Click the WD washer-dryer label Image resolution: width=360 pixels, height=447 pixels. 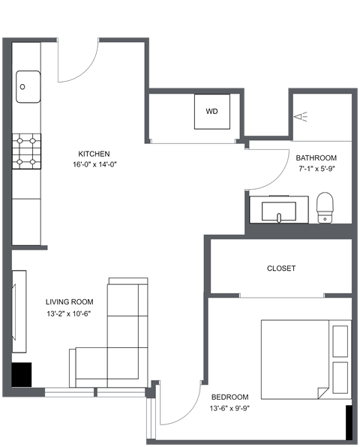[211, 112]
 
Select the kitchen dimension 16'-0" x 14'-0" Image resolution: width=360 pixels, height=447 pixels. [95, 164]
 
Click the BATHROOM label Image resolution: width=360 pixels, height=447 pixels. [316, 158]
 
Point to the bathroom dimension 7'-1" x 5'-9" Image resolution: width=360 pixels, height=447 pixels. [316, 170]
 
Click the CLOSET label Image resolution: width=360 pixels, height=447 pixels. [281, 268]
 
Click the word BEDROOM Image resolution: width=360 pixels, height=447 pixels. [229, 397]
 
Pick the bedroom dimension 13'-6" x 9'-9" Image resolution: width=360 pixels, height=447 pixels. [229, 409]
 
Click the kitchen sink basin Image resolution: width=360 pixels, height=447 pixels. [28, 87]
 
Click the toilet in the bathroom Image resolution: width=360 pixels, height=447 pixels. [325, 207]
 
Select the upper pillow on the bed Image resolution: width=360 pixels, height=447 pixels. [340, 339]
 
